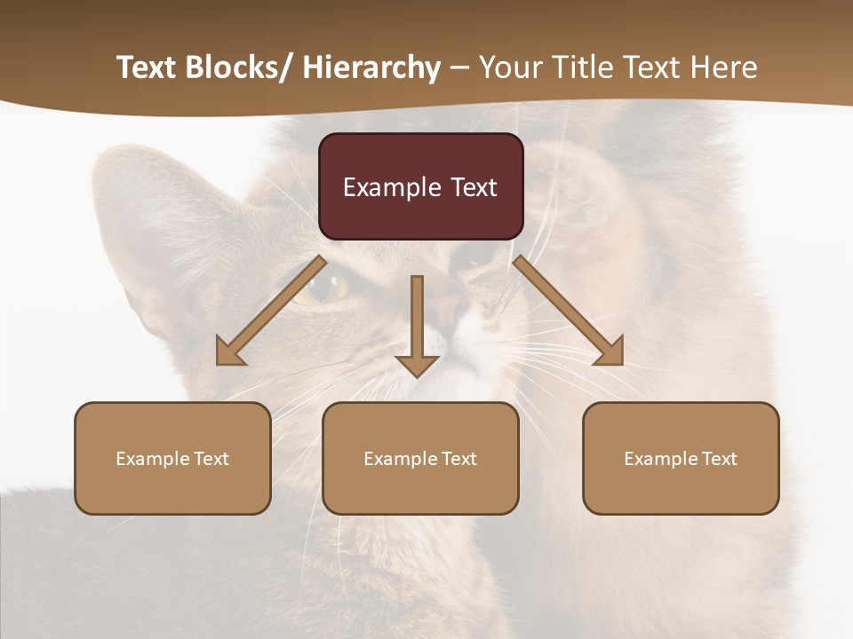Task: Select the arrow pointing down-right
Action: click(x=569, y=312)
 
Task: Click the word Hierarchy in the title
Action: click(x=371, y=67)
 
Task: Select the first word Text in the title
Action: click(x=147, y=67)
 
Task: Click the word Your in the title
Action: click(x=510, y=67)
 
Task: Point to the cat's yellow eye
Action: click(x=327, y=287)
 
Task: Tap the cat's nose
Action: click(x=449, y=306)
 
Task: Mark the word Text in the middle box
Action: click(x=458, y=459)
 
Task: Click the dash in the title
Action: click(x=459, y=67)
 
